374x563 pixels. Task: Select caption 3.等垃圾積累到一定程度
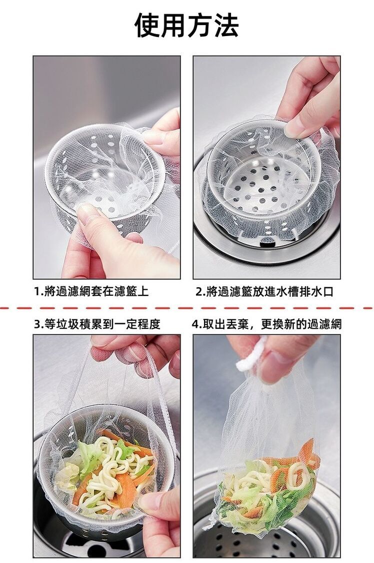tap(97, 324)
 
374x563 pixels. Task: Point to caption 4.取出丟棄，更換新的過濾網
tap(267, 324)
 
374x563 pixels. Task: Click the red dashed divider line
tap(187, 308)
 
